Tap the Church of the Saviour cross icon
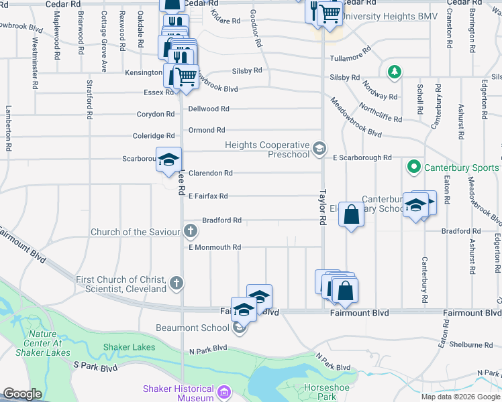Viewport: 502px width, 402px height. click(191, 232)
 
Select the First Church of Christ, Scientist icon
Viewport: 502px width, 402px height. click(177, 283)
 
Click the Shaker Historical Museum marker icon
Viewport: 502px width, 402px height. click(224, 391)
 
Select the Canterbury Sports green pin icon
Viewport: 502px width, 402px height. click(414, 166)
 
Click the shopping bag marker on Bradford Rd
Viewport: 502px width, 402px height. click(351, 215)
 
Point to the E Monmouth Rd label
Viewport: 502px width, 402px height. click(214, 247)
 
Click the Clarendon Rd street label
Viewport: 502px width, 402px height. click(210, 173)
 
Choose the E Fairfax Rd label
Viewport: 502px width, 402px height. click(208, 196)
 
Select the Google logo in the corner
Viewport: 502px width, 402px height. click(22, 394)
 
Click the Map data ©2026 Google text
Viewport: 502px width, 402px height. click(460, 397)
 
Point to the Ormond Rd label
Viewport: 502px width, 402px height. click(206, 130)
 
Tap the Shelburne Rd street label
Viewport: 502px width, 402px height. click(471, 345)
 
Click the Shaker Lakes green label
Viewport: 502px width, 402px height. click(129, 347)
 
